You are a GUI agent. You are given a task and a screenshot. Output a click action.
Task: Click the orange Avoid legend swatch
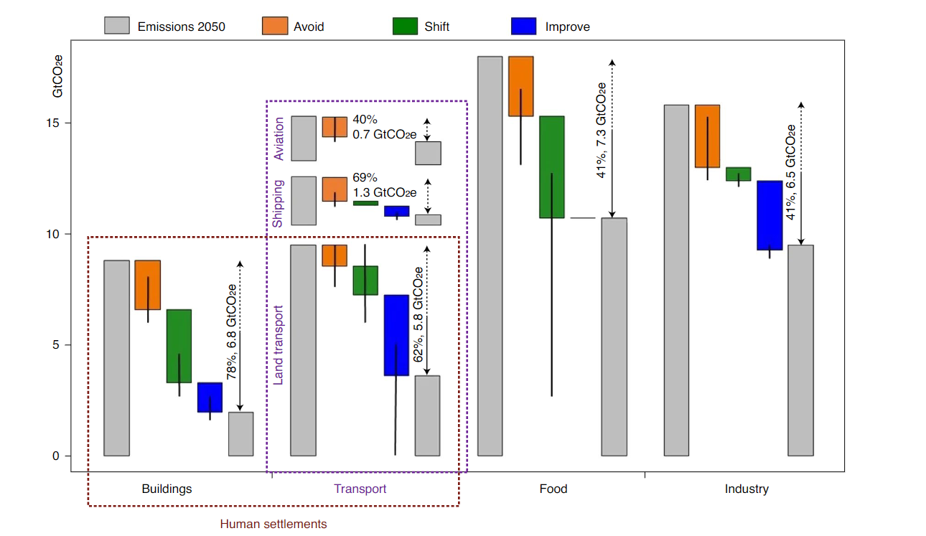[x=275, y=26]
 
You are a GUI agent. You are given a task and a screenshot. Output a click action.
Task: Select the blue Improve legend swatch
[x=524, y=26]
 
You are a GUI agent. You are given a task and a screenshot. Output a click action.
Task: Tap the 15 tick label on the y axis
[x=53, y=123]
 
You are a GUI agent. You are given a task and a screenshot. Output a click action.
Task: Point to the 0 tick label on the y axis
[x=56, y=456]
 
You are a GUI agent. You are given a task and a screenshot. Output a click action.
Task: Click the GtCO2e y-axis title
[x=57, y=77]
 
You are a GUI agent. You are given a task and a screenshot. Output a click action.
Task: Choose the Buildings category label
[x=167, y=489]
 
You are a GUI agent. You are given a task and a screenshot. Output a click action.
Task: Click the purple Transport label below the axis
[x=360, y=489]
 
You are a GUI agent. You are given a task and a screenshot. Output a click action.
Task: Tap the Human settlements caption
[x=273, y=524]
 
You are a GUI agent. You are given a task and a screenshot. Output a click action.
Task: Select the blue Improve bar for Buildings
[x=210, y=397]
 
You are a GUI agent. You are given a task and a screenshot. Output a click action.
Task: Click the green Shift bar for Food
[x=552, y=167]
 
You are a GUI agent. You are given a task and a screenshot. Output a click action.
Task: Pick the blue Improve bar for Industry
[x=770, y=215]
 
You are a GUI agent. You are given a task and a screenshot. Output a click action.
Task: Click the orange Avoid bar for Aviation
[x=335, y=127]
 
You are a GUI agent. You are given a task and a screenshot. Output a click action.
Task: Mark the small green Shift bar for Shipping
[x=366, y=203]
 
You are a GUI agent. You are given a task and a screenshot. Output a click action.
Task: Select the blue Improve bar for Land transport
[x=396, y=335]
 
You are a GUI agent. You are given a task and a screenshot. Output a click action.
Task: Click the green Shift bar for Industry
[x=739, y=174]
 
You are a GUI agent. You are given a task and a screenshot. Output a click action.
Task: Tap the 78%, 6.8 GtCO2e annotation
[x=231, y=332]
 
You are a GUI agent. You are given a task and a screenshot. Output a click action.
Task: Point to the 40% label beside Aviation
[x=365, y=119]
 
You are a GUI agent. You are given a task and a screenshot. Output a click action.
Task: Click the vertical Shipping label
[x=278, y=204]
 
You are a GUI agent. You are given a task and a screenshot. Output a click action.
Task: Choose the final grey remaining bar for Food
[x=614, y=337]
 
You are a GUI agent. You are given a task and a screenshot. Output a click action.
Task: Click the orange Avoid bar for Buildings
[x=148, y=285]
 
